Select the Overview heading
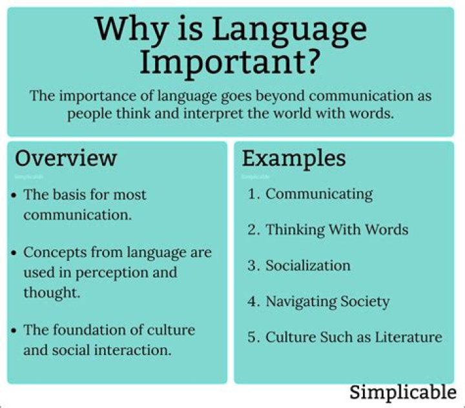(x=66, y=158)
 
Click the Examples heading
(x=294, y=158)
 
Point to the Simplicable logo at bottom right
(x=403, y=392)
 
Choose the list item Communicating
(x=319, y=194)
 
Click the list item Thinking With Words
(x=336, y=230)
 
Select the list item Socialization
(x=308, y=265)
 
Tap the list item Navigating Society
(x=327, y=301)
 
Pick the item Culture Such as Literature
(x=354, y=336)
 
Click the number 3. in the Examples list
(x=254, y=265)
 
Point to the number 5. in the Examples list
(x=254, y=336)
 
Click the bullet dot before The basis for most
(x=15, y=195)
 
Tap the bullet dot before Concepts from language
(x=15, y=252)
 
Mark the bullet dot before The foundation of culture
(x=15, y=331)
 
